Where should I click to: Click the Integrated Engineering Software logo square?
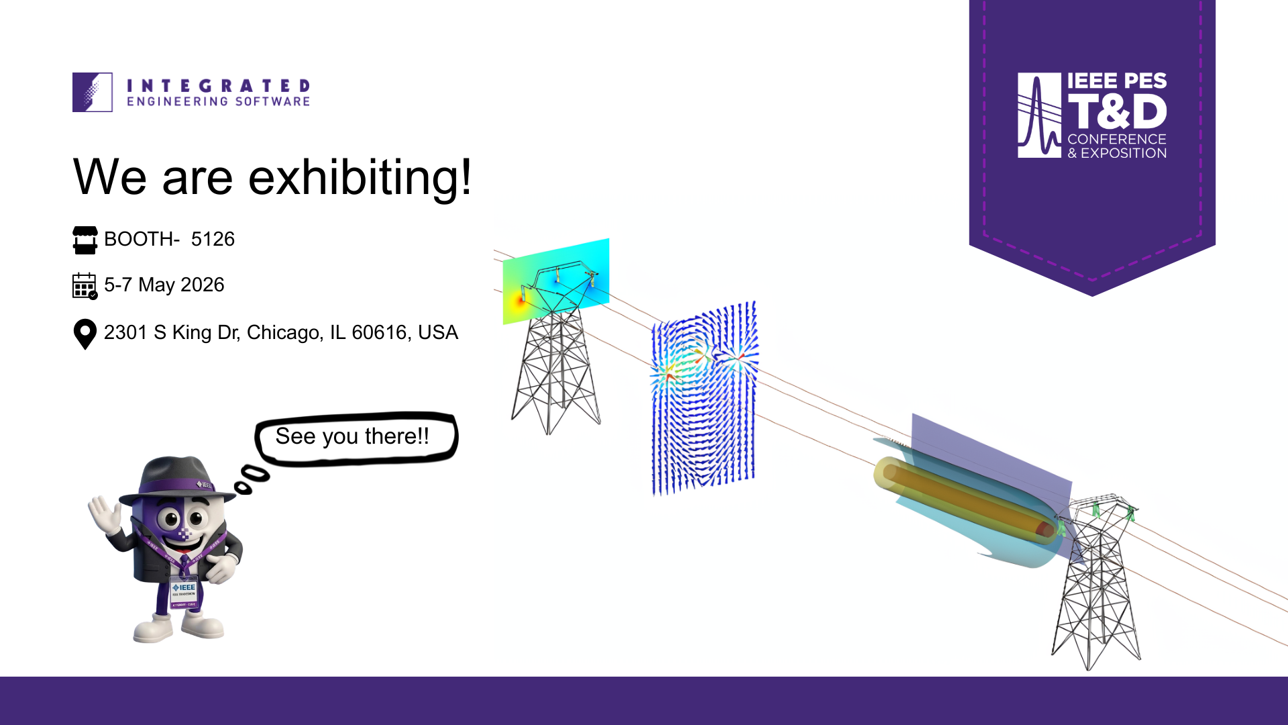93,92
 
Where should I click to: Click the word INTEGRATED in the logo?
218,85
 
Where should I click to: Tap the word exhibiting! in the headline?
360,177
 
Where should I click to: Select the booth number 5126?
213,239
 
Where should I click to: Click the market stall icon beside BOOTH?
85,240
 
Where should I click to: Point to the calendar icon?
85,285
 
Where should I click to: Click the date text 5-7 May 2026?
164,285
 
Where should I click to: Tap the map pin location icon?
85,334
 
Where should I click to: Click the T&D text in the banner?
1117,111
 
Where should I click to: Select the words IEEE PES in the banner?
1117,81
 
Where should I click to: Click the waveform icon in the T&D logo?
1039,115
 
